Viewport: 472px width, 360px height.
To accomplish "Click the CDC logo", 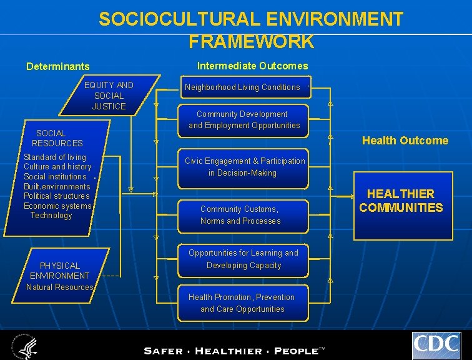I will (436, 345).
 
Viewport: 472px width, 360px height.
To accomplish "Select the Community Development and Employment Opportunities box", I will (244, 119).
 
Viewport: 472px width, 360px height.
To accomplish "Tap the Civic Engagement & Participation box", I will (245, 167).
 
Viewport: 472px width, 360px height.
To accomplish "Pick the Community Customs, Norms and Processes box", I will (241, 215).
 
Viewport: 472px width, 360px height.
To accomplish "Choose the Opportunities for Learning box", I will (243, 259).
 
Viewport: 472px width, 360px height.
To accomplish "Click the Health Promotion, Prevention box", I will (242, 303).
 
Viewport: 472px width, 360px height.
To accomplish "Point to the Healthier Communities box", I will (401, 201).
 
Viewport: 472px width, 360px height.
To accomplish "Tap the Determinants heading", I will (57, 66).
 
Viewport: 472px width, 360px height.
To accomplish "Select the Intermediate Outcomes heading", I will (252, 66).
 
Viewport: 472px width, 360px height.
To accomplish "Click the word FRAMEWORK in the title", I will (251, 42).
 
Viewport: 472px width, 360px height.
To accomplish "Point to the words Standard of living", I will (55, 157).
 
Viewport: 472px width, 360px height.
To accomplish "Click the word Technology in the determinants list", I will (51, 216).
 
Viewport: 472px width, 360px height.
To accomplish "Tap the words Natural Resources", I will (60, 287).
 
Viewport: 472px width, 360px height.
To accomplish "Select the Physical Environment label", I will (60, 271).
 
